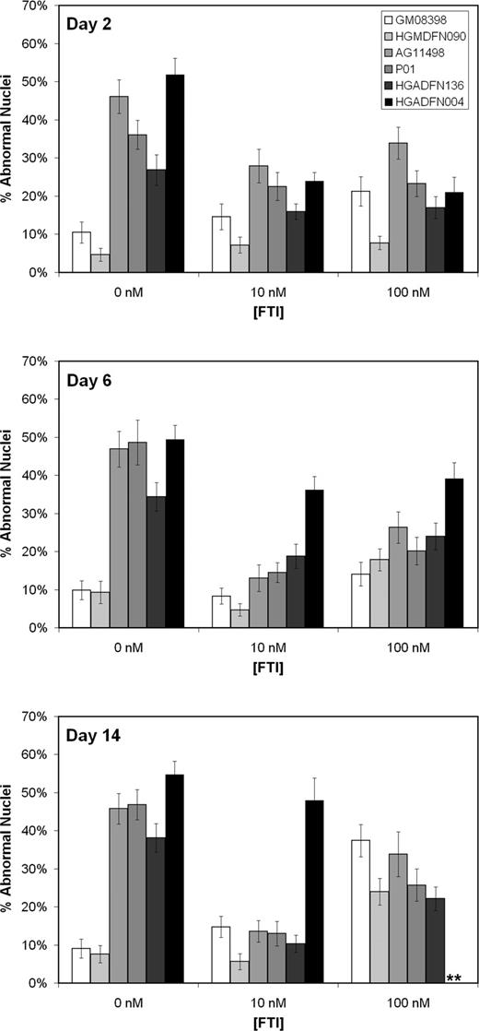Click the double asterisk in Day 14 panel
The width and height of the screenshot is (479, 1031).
tap(454, 978)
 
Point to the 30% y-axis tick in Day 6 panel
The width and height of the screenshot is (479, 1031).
tap(36, 514)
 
